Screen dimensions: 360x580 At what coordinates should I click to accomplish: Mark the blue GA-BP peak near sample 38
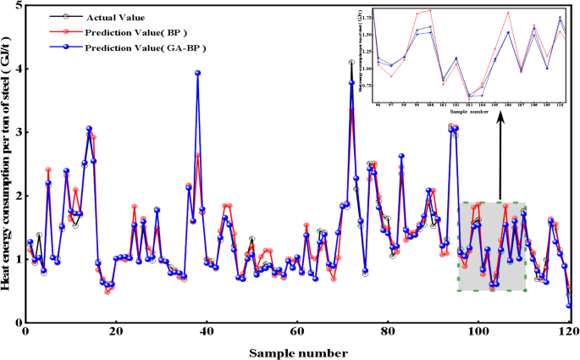pyautogui.click(x=197, y=73)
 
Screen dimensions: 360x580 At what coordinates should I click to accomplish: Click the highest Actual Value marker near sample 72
pyautogui.click(x=351, y=63)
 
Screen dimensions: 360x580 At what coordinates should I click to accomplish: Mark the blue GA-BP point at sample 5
pyautogui.click(x=48, y=183)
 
